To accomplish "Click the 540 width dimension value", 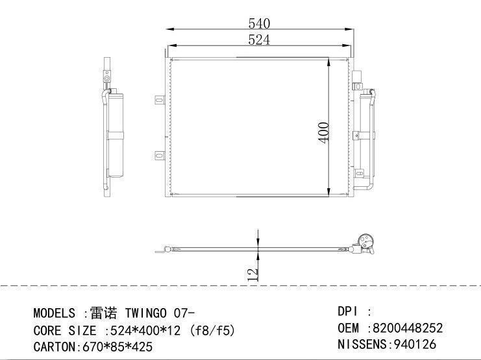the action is pos(259,23).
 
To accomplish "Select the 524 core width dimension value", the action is pos(259,40).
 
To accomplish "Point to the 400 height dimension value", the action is pos(323,132).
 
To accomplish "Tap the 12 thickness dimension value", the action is pos(253,274).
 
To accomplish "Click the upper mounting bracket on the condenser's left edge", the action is pos(160,100).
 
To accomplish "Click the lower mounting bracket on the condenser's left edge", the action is pos(160,156).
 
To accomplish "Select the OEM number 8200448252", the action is pos(408,328).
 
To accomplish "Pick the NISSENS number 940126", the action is pos(415,344).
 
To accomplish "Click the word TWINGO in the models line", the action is pos(145,313).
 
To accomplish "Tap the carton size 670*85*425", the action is pos(117,347).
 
